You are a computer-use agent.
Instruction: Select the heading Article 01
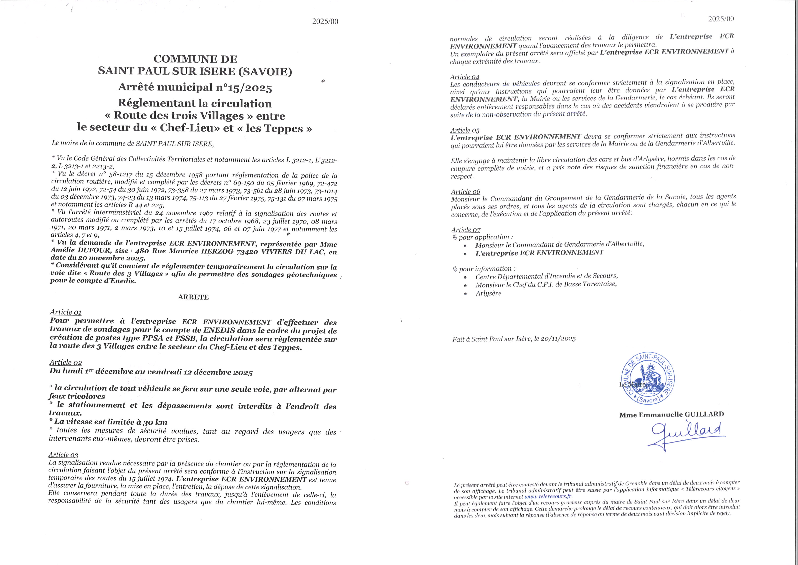click(66, 312)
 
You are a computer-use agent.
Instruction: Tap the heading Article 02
click(66, 362)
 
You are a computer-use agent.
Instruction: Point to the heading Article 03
click(63, 455)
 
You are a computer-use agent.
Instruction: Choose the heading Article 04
click(464, 77)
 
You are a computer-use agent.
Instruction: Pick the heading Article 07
click(466, 230)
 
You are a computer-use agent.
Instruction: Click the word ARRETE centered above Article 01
click(193, 297)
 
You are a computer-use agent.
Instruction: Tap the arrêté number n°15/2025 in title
click(244, 88)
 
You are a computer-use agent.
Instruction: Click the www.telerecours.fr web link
click(548, 497)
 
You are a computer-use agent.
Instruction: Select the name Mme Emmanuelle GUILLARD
click(671, 414)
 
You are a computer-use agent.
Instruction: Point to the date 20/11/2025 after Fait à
click(558, 339)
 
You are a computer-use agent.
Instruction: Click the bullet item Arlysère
click(488, 293)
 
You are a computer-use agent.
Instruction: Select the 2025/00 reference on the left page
click(325, 22)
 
